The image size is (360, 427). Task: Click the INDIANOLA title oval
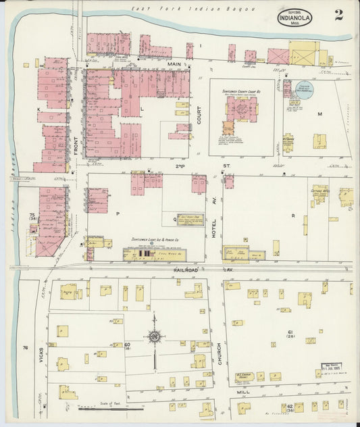click(294, 18)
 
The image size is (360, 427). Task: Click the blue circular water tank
click(304, 90)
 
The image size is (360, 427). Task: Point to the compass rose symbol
click(155, 336)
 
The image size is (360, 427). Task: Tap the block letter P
click(118, 213)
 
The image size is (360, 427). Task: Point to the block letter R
click(292, 216)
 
